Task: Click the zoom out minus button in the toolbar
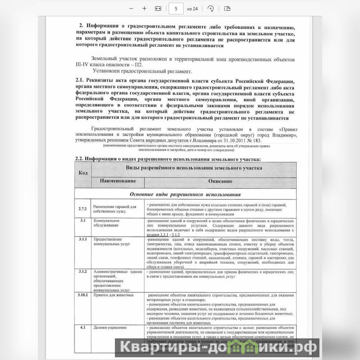pos(131,9)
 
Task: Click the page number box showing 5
pos(176,9)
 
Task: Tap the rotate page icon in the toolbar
pos(210,9)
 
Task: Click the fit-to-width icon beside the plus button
pos(158,9)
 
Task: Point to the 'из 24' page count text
pos(192,9)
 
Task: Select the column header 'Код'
pos(83,173)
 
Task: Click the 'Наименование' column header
pos(118,181)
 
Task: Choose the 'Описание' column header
pos(220,181)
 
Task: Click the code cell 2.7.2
pos(82,208)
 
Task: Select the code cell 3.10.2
pos(83,295)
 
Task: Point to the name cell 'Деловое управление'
pos(110,328)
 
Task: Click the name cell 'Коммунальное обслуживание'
pos(106,223)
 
